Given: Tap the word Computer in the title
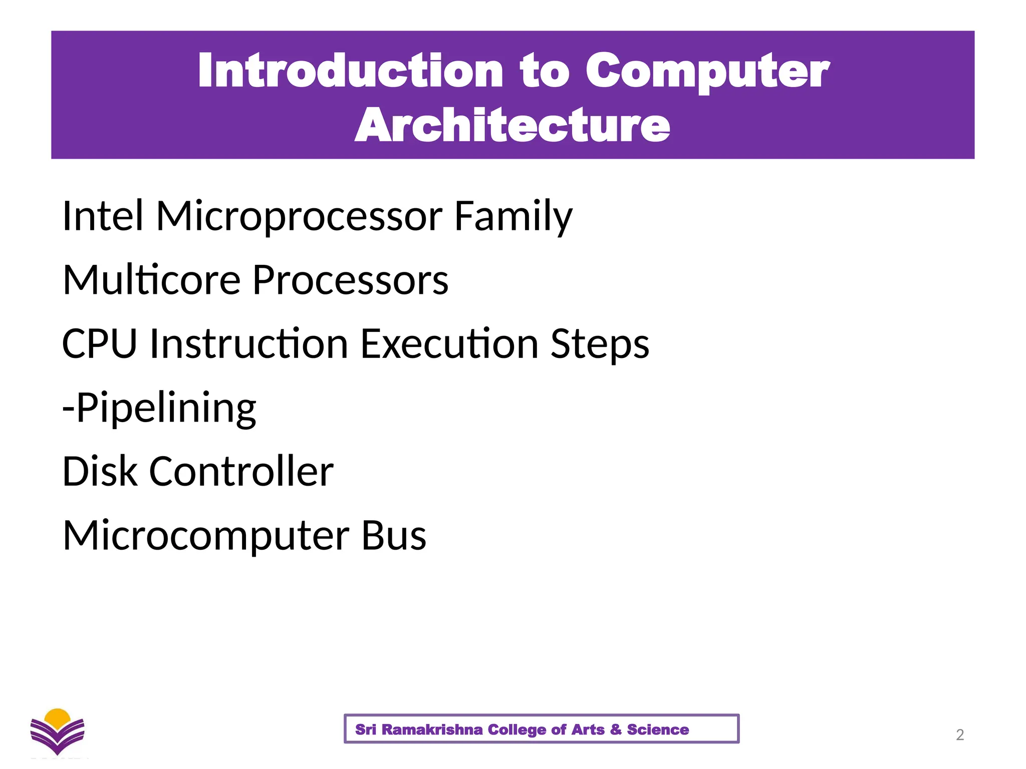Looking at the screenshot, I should click(707, 71).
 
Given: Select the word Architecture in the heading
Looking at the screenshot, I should click(512, 125).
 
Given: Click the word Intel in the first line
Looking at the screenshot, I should click(103, 216).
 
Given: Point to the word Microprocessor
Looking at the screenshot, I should click(299, 217).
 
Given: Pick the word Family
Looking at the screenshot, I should click(513, 217).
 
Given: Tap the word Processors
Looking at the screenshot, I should click(350, 280).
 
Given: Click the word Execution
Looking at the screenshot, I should click(449, 344).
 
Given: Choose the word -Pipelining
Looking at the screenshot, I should click(159, 409).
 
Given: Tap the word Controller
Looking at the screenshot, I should click(241, 472).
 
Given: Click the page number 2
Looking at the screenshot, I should click(959, 735).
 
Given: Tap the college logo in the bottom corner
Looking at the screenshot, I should click(57, 732).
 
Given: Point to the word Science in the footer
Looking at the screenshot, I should click(657, 729).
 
